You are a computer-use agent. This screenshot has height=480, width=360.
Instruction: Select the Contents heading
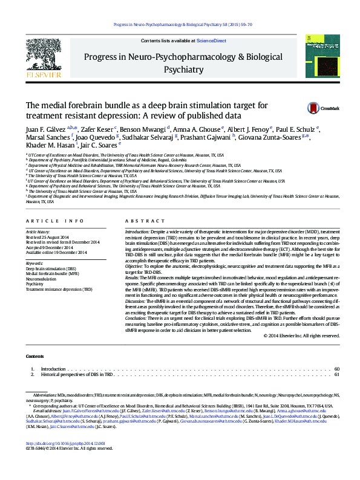pos(35,357)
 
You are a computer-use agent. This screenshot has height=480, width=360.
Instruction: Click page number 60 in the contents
pos(337,369)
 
